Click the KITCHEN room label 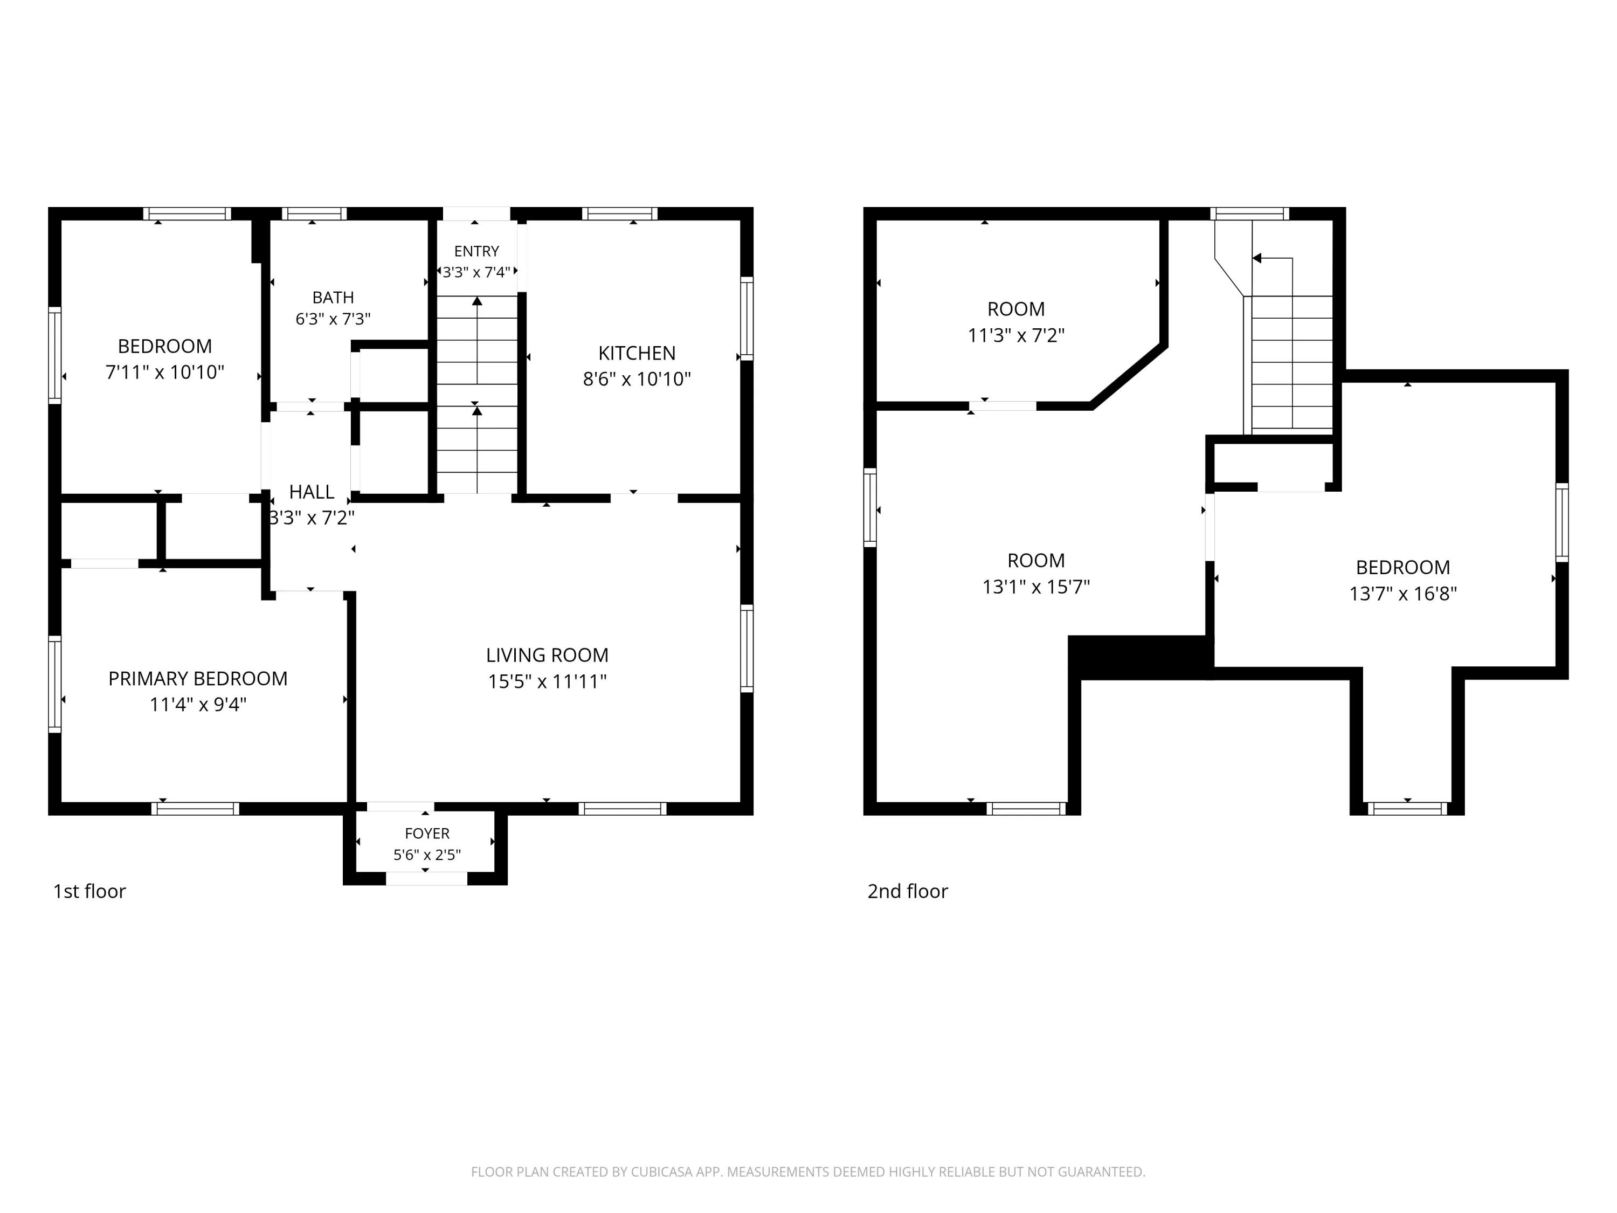tap(636, 353)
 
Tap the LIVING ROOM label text tap(547, 655)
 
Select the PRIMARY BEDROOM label tap(197, 679)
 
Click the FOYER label tap(427, 833)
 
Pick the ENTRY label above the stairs tap(476, 252)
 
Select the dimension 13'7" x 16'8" tap(1403, 594)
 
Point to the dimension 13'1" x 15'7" tap(1036, 587)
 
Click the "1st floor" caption tap(89, 891)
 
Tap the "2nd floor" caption tap(907, 891)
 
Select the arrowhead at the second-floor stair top tap(1256, 258)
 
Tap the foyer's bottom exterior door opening tap(426, 879)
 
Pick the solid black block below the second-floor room tap(1137, 657)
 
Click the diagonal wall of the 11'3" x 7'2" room tap(1128, 374)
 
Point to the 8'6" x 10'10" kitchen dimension tap(636, 379)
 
